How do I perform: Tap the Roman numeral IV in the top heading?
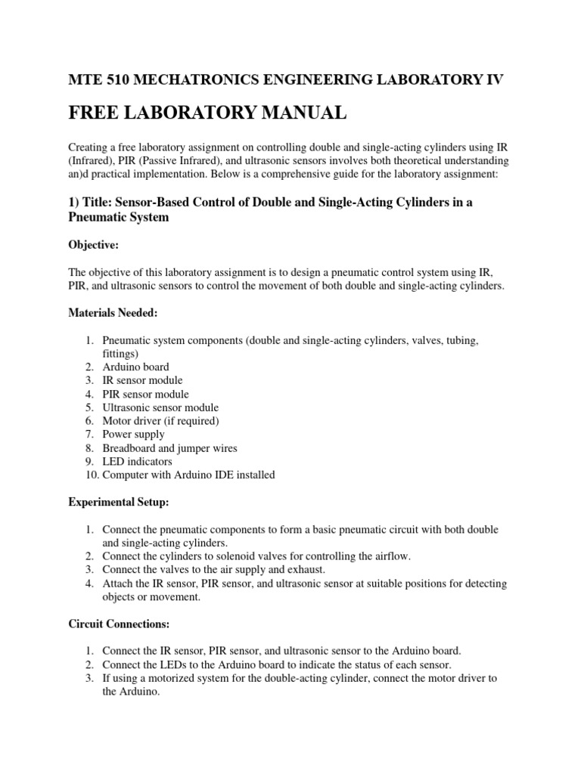(x=492, y=79)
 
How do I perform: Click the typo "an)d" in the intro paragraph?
(x=79, y=175)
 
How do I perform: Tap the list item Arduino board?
(x=136, y=367)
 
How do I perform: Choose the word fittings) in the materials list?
(x=121, y=353)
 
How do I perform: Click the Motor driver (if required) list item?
(x=160, y=421)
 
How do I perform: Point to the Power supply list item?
(x=133, y=435)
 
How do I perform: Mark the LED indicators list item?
(x=137, y=462)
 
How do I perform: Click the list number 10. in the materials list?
(x=90, y=475)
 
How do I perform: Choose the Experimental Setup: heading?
(x=119, y=501)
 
